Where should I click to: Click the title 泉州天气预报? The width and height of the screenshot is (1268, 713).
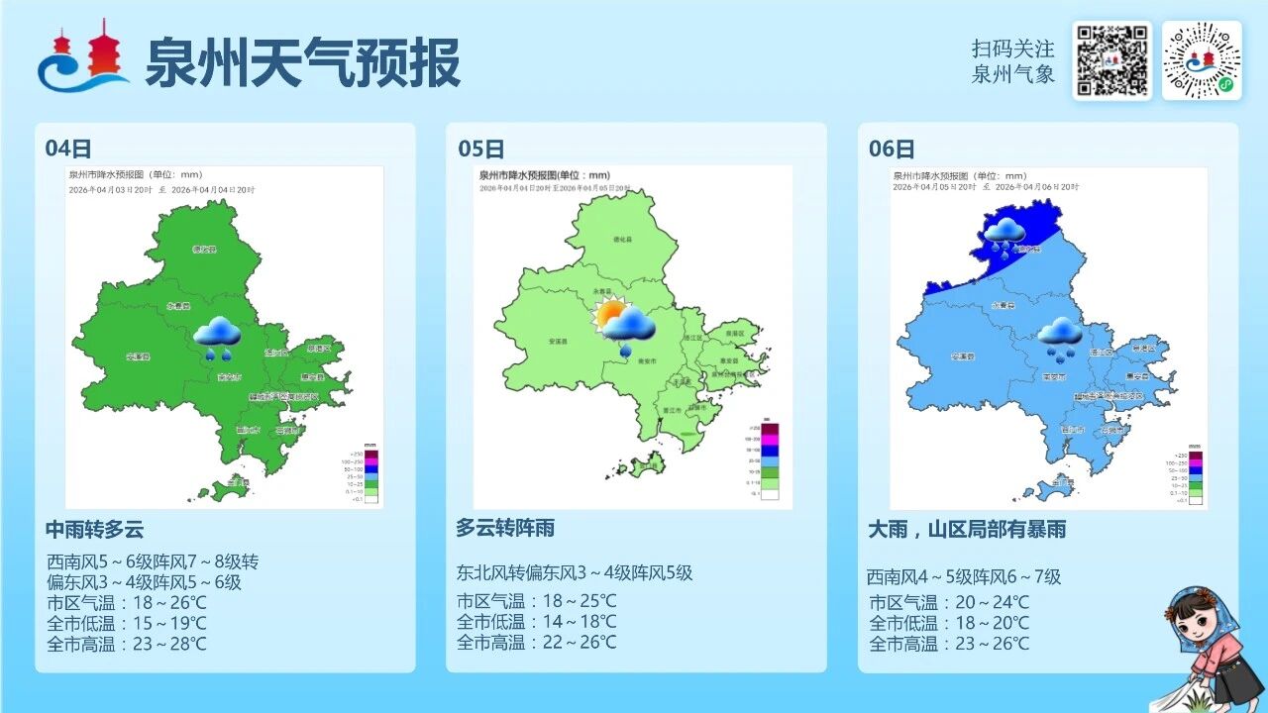pyautogui.click(x=303, y=62)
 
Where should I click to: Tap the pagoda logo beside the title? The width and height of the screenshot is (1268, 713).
pyautogui.click(x=83, y=56)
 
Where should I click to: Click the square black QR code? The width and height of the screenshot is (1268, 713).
pyautogui.click(x=1111, y=60)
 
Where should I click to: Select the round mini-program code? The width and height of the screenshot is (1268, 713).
pyautogui.click(x=1201, y=60)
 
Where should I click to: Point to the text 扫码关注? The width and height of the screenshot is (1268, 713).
pyautogui.click(x=1012, y=49)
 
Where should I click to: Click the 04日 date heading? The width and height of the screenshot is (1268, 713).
pyautogui.click(x=68, y=149)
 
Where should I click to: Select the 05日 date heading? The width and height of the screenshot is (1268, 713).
pyautogui.click(x=480, y=149)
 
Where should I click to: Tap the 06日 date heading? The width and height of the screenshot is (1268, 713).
pyautogui.click(x=892, y=149)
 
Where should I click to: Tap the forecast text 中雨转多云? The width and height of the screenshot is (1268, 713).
pyautogui.click(x=95, y=529)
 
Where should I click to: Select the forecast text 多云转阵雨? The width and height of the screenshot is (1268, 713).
pyautogui.click(x=505, y=528)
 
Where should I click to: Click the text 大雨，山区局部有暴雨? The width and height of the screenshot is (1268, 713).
pyautogui.click(x=967, y=530)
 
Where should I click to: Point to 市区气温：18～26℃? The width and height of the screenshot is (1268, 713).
pyautogui.click(x=127, y=602)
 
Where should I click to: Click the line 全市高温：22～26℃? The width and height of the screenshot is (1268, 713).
pyautogui.click(x=536, y=642)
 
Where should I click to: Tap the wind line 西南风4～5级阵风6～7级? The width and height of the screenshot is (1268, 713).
pyautogui.click(x=964, y=576)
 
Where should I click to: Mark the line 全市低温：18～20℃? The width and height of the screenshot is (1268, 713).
pyautogui.click(x=949, y=623)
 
